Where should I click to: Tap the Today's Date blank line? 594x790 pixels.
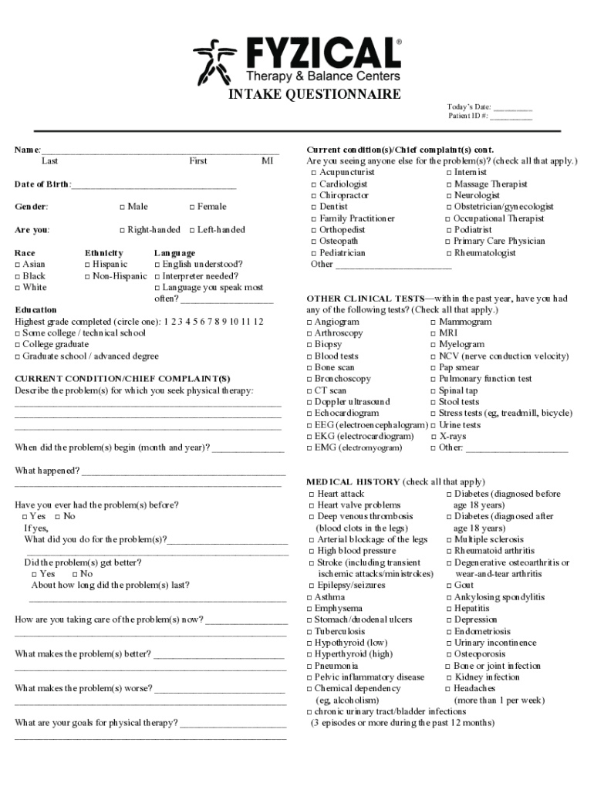coord(513,108)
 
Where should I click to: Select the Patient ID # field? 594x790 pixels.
coord(511,117)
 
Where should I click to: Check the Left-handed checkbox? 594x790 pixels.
coord(191,230)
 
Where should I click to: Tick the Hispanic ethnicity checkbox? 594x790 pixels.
coord(88,265)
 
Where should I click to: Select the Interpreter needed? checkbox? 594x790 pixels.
coord(157,276)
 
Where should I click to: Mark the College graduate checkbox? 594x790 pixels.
coord(17,345)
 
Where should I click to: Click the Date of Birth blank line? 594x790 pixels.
coord(154,186)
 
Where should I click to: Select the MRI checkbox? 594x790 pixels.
coord(433,333)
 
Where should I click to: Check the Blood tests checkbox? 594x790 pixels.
coord(309,356)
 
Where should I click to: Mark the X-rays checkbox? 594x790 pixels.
coord(433,437)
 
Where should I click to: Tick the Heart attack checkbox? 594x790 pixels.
coord(312,494)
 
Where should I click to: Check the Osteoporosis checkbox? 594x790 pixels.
coord(448,654)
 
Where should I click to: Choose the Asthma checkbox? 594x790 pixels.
coord(309,597)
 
